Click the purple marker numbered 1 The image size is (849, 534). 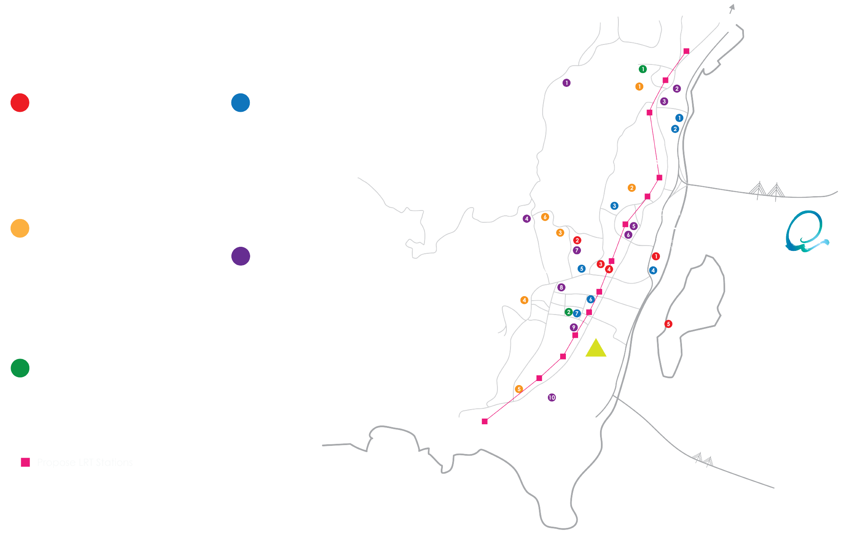566,83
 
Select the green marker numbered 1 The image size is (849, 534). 642,69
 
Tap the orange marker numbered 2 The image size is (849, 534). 631,188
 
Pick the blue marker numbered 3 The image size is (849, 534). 614,206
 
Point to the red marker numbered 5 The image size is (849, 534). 668,324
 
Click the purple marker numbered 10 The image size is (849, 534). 552,397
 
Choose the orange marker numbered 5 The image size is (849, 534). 519,389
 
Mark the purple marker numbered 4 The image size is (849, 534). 526,219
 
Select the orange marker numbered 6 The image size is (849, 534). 545,217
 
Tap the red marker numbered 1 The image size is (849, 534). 655,256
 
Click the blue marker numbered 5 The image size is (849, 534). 581,269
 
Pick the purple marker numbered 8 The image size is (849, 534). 561,287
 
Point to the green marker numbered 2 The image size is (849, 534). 568,312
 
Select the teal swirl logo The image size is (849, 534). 805,231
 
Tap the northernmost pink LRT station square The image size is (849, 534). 686,51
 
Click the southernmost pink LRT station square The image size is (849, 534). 484,421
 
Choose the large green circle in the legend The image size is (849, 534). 20,368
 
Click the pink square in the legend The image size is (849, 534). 25,462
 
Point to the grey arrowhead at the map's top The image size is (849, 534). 732,7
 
